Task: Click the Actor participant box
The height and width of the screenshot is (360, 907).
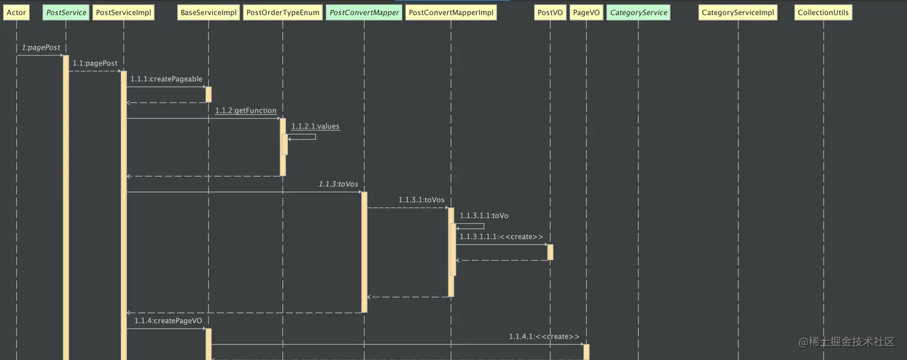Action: coord(16,13)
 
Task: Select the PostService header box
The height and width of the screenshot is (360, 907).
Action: coord(66,13)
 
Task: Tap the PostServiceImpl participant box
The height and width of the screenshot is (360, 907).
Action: coord(124,13)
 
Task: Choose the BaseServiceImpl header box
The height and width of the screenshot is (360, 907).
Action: coord(209,13)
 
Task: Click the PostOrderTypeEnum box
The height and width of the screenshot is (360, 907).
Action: coord(283,13)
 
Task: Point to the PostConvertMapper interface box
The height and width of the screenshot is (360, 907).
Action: coord(364,13)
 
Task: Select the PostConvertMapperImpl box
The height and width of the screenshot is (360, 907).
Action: coord(451,13)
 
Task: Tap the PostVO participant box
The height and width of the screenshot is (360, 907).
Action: coord(550,13)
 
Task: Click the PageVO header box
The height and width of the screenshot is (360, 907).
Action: coord(586,13)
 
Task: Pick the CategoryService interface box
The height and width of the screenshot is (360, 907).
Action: coord(638,13)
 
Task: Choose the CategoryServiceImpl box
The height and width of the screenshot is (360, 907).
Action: coord(738,13)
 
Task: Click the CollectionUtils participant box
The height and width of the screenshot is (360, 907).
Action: coord(823,13)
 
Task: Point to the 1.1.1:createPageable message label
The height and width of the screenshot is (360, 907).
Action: coord(166,79)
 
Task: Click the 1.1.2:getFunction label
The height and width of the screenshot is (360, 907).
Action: coord(246,110)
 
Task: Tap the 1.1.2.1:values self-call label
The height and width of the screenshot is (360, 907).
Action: coord(316,127)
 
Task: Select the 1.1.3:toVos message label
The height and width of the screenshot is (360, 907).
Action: coord(338,184)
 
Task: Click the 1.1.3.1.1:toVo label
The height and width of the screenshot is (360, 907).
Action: coord(484,215)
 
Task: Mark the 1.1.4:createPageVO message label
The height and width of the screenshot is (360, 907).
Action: coord(168,321)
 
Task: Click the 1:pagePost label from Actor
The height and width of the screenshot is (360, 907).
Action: coord(41,47)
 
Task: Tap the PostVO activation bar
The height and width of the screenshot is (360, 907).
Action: coord(550,252)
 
